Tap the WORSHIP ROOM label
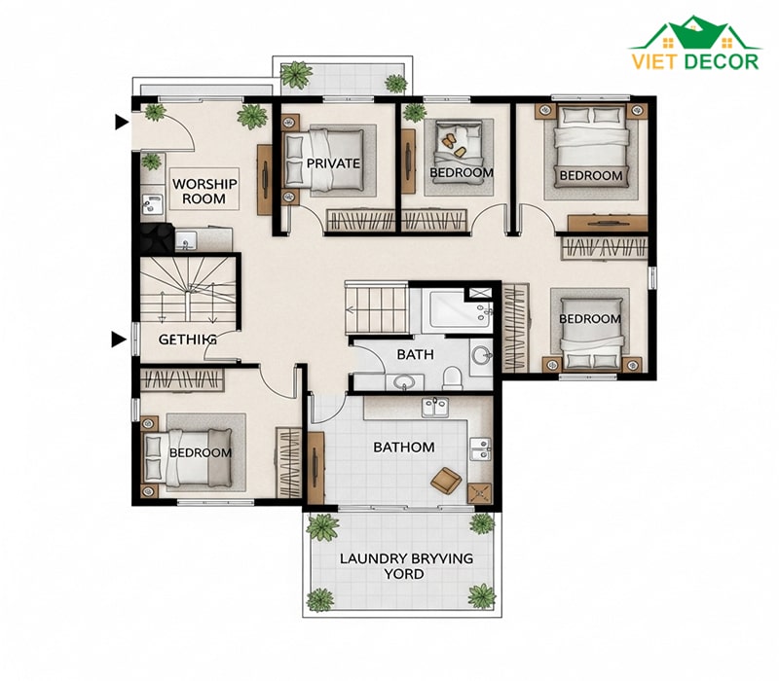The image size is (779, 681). tap(204, 191)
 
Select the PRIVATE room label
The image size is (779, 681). tap(333, 163)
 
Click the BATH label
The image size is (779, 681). tap(416, 354)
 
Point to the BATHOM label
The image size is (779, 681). tap(404, 448)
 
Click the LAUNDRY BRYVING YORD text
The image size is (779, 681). tap(406, 566)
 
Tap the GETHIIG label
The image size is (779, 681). tap(187, 340)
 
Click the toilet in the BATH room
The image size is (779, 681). tap(452, 377)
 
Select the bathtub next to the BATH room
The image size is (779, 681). tap(454, 309)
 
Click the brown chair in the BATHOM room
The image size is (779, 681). tap(446, 481)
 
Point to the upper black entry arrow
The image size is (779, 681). tap(122, 122)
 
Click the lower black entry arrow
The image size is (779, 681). tap(118, 340)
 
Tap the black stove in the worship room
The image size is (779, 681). tap(157, 237)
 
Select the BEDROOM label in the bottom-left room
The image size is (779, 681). tap(201, 452)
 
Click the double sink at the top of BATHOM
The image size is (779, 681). tap(435, 407)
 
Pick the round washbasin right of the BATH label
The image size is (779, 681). tap(481, 355)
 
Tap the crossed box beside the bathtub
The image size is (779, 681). tap(479, 293)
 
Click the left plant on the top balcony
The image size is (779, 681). tap(297, 75)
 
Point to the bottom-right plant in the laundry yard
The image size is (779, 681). tap(481, 596)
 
